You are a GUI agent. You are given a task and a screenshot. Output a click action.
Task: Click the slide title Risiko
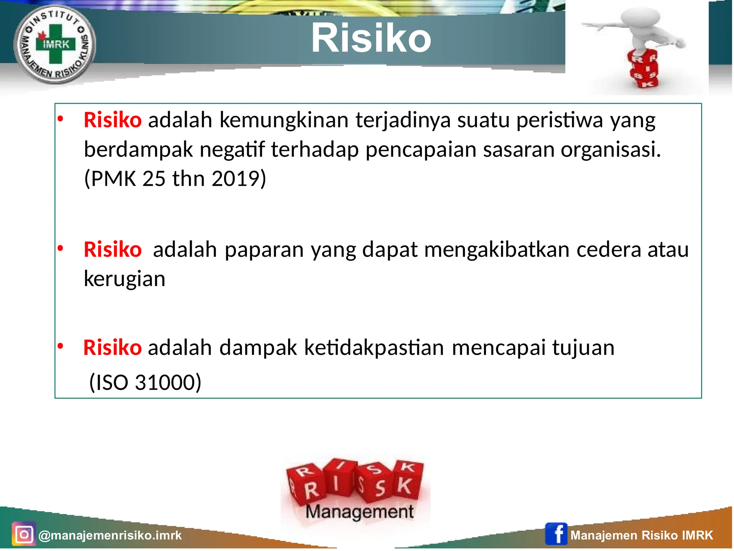[371, 38]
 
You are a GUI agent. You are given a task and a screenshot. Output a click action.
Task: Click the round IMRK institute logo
[55, 45]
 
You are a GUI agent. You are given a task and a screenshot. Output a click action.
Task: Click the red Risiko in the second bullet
[113, 250]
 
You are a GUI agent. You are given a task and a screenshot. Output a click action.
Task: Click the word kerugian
[124, 279]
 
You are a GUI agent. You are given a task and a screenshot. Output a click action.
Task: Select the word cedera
[609, 250]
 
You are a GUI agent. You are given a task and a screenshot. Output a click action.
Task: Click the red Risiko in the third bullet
[113, 348]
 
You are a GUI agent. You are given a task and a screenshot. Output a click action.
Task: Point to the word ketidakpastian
[374, 348]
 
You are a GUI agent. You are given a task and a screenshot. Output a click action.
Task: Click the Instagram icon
[24, 535]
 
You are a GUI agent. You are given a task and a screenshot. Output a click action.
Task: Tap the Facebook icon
[556, 534]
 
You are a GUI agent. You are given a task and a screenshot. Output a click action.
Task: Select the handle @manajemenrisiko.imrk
[110, 535]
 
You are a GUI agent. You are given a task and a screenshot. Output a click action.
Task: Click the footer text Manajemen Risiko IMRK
[642, 535]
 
